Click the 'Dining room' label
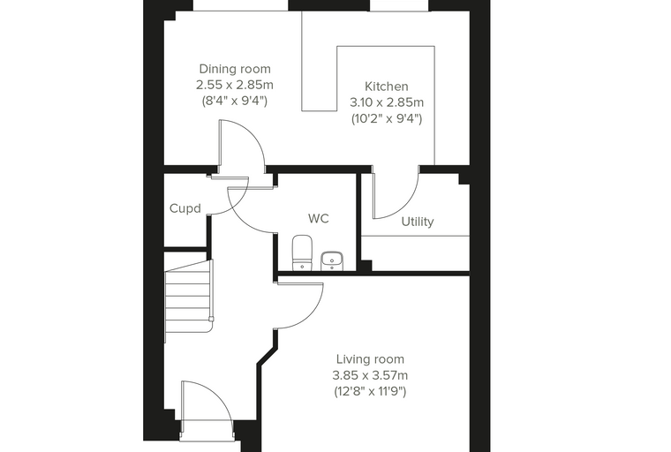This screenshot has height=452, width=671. coord(235,69)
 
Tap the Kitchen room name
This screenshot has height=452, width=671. coord(387,87)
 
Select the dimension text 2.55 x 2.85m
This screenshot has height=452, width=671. coord(235,85)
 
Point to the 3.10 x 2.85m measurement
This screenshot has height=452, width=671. coord(387,102)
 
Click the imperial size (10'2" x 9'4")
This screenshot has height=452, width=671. coord(387,118)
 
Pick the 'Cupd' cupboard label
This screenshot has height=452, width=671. coord(185,208)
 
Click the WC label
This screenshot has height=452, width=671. coord(319,219)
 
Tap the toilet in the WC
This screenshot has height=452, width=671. coord(302,252)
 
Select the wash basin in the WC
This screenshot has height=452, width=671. coord(332,261)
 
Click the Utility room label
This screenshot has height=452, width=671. coord(418,222)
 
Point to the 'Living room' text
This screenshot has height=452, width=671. coord(370,359)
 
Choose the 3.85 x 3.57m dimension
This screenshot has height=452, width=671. coord(370,375)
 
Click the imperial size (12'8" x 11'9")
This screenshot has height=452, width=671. coord(370,392)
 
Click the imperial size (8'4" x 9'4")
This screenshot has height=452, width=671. coord(235,101)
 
